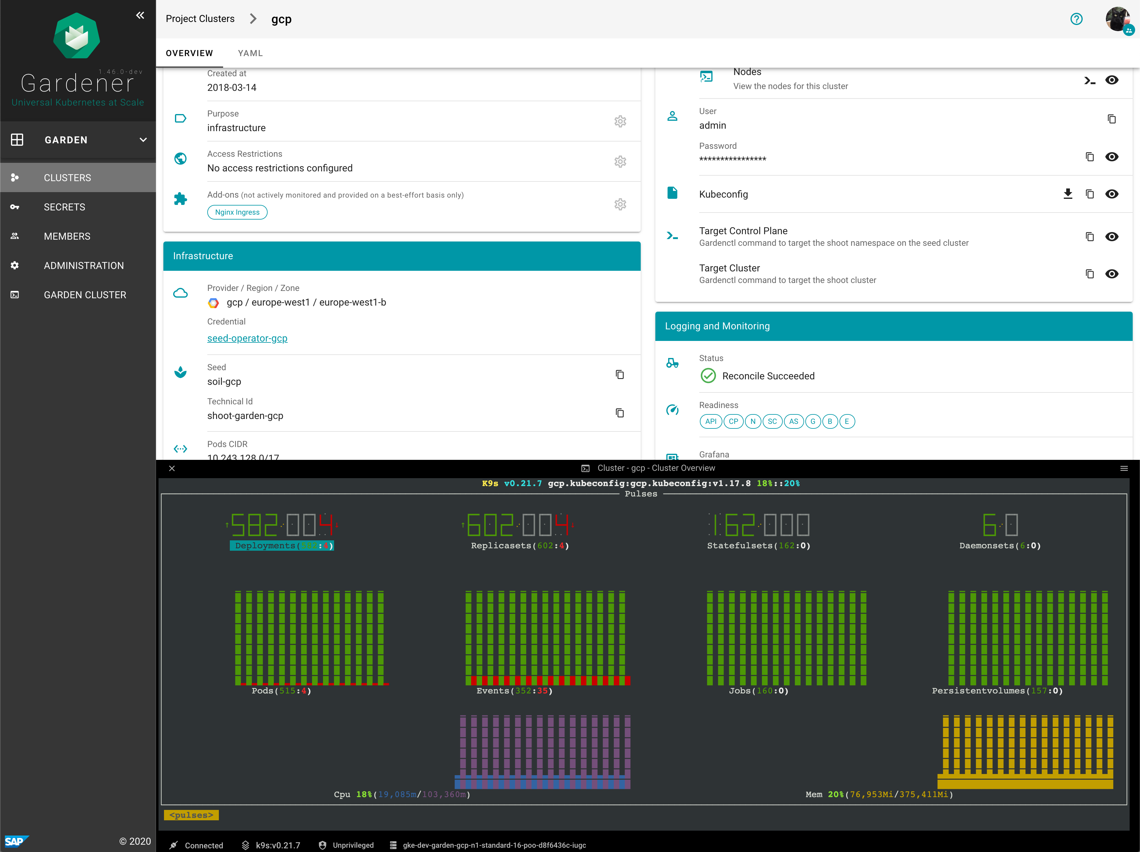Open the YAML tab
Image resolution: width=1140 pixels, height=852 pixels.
[250, 53]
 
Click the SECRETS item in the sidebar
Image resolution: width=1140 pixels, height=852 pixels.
[64, 207]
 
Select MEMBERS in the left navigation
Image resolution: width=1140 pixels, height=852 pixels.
[67, 236]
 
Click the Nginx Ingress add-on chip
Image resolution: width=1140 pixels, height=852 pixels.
[237, 212]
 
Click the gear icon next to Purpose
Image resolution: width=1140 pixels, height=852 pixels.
[620, 121]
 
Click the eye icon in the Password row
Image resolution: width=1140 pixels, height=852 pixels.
[1112, 157]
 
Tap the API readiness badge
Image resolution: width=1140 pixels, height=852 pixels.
[711, 421]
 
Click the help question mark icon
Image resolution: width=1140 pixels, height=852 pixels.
[1076, 19]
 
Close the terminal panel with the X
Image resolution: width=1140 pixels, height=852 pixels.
[172, 468]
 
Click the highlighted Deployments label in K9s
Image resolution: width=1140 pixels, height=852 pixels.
[281, 546]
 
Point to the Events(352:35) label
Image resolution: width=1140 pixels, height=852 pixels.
[514, 691]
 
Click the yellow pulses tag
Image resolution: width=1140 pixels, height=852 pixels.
[191, 815]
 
